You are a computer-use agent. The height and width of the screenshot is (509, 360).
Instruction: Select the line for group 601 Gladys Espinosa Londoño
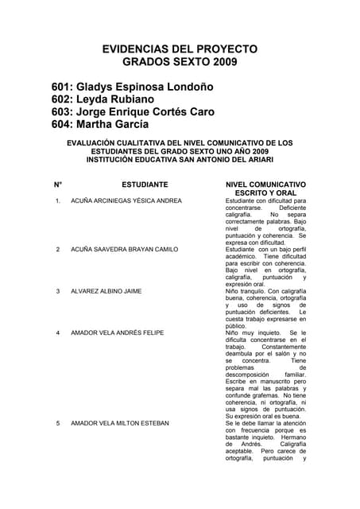[x=134, y=86]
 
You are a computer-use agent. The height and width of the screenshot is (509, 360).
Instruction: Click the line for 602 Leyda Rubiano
[x=103, y=99]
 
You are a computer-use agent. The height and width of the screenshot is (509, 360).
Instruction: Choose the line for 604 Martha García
[x=100, y=125]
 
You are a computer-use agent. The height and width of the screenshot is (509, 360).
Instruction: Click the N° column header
[x=58, y=184]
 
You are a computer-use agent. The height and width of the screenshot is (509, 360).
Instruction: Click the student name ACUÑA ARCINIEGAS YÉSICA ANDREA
[x=126, y=201]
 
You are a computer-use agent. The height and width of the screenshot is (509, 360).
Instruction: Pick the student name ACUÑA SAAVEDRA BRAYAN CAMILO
[x=124, y=250]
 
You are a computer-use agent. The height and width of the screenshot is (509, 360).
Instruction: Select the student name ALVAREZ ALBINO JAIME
[x=106, y=291]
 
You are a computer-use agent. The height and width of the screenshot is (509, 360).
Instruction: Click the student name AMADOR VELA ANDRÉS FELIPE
[x=118, y=332]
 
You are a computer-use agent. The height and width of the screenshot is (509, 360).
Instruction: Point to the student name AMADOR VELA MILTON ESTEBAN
[x=120, y=423]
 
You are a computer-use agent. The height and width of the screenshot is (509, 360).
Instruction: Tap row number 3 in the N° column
[x=58, y=291]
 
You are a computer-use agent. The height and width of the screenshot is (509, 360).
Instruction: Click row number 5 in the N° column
[x=58, y=423]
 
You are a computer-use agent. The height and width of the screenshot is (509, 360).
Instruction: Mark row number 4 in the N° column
[x=58, y=332]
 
